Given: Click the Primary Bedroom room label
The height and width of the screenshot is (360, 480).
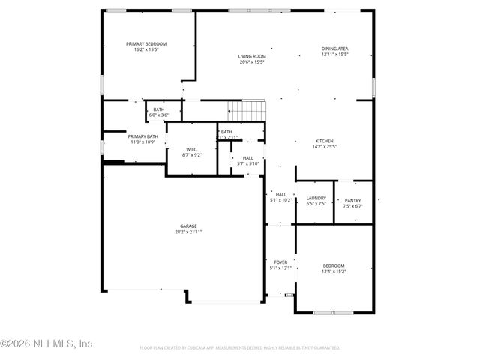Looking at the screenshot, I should click(x=146, y=44).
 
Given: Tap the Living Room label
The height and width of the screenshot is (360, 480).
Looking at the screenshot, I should click(x=253, y=56).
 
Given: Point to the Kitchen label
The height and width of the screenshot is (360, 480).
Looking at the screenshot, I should click(x=323, y=141).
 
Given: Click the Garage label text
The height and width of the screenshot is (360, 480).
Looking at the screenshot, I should click(x=187, y=226).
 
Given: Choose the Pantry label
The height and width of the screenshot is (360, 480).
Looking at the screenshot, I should click(x=352, y=200).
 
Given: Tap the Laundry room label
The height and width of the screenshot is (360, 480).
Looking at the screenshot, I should click(x=316, y=198).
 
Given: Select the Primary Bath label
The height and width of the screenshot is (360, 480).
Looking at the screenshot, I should click(x=142, y=136).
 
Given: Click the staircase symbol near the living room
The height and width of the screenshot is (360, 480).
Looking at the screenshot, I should click(x=248, y=110).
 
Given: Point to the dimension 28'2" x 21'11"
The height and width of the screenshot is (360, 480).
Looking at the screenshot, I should click(x=187, y=232).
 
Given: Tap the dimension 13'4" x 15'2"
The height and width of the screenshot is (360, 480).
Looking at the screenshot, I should click(x=334, y=271).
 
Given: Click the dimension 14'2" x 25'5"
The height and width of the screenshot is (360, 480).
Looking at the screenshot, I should click(x=323, y=147).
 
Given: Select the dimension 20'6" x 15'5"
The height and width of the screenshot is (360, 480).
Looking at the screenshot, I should click(x=253, y=62).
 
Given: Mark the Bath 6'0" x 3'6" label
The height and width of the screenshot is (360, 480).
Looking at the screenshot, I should click(x=158, y=112).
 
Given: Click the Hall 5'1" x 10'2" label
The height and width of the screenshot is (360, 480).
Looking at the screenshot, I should click(x=280, y=197).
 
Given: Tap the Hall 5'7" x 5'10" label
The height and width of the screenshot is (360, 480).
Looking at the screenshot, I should click(x=247, y=160).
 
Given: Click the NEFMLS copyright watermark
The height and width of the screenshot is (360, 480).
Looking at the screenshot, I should click(x=46, y=343).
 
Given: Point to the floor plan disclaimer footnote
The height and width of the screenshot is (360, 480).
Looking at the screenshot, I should click(x=240, y=348).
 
